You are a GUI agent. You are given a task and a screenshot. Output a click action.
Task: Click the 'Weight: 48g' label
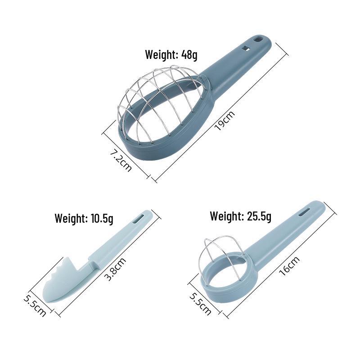tap(171, 55)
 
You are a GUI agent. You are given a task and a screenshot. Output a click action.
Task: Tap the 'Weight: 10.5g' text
tap(84, 218)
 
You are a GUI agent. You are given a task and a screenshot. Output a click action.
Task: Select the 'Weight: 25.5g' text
tap(241, 216)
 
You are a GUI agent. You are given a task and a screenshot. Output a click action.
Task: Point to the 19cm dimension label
tap(225, 121)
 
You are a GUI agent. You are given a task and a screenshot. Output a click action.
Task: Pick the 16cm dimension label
tap(289, 265)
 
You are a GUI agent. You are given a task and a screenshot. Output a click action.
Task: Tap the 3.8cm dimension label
tap(115, 269)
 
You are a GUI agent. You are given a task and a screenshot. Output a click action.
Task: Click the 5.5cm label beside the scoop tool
tap(35, 305)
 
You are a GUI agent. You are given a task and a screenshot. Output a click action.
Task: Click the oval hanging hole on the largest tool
tap(257, 39)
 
